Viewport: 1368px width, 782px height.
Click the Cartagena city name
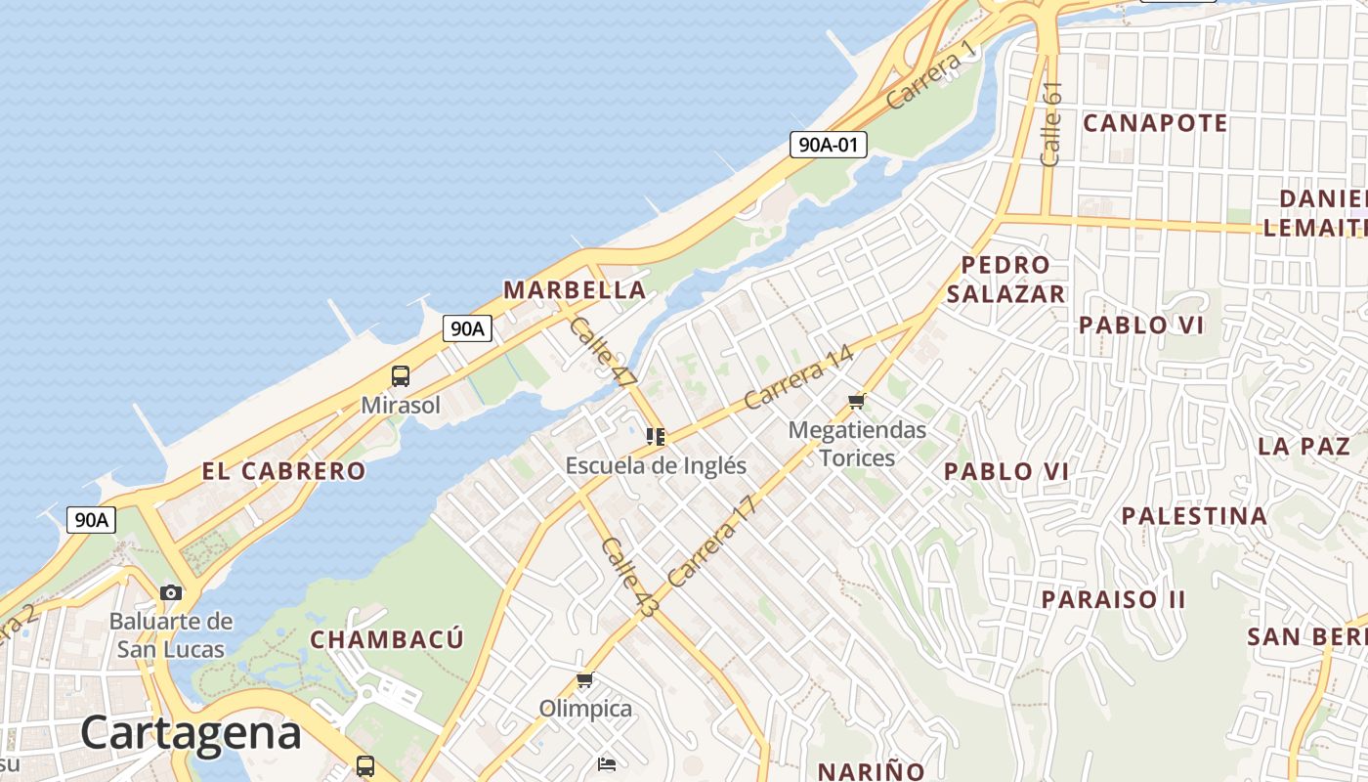click(x=191, y=732)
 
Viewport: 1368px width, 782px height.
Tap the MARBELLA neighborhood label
click(x=575, y=290)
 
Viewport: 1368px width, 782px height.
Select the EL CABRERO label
click(x=283, y=471)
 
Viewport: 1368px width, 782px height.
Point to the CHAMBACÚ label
click(x=387, y=640)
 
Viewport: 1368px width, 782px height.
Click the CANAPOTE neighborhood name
click(x=1155, y=123)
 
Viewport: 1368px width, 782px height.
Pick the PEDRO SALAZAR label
click(x=1005, y=280)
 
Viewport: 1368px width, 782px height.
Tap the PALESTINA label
click(x=1194, y=516)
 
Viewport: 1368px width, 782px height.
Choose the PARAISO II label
click(x=1113, y=599)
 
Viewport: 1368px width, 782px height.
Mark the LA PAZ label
click(x=1304, y=447)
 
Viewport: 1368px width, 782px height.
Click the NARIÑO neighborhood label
click(x=871, y=771)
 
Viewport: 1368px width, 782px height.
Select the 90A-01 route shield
click(x=829, y=146)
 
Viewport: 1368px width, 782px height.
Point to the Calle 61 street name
click(x=1051, y=124)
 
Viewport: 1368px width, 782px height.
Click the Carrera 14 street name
click(x=798, y=378)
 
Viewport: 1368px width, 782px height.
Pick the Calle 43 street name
click(x=629, y=577)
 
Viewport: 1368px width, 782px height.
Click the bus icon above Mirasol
click(x=400, y=376)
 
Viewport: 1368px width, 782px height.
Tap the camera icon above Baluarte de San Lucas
click(x=171, y=592)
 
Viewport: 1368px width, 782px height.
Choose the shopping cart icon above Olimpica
click(x=584, y=679)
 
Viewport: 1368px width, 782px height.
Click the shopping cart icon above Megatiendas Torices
click(x=857, y=401)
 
